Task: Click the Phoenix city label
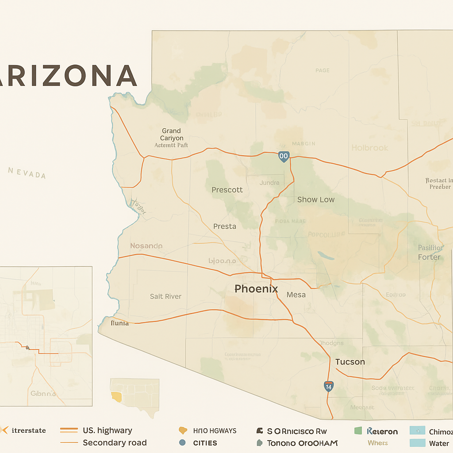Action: click(256, 289)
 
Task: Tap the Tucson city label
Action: click(350, 362)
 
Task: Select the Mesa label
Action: click(296, 295)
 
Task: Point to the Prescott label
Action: click(227, 190)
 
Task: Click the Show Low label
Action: click(316, 200)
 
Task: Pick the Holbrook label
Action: click(370, 148)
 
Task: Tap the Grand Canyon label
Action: click(171, 134)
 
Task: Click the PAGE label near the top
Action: click(322, 70)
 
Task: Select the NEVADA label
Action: click(27, 173)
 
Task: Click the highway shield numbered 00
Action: click(284, 156)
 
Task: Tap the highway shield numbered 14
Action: click(328, 386)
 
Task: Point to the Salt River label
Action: click(165, 296)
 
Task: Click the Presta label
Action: click(225, 226)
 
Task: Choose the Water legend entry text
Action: click(439, 443)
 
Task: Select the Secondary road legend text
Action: click(115, 443)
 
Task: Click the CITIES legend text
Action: click(205, 443)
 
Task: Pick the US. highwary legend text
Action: click(107, 430)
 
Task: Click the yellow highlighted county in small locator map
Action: click(116, 396)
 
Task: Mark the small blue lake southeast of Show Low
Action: click(326, 256)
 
